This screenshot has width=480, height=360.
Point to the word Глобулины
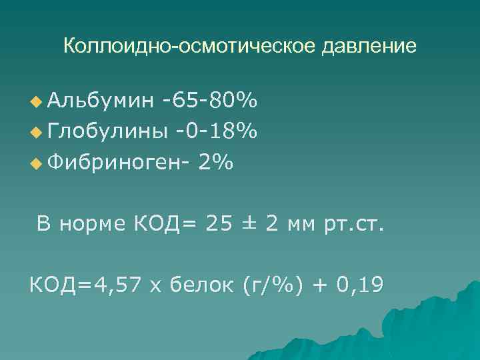(106, 132)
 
